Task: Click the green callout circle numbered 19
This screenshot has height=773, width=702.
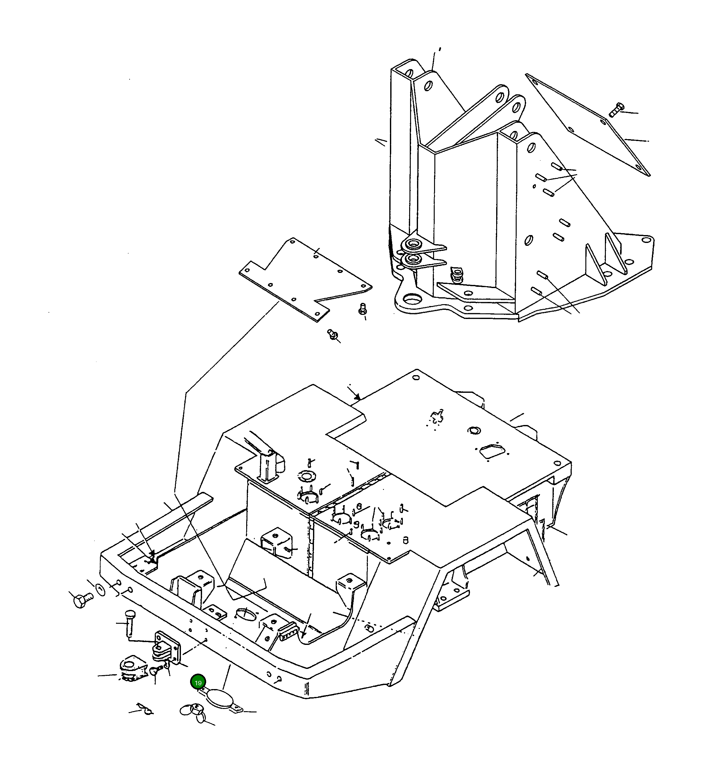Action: [198, 683]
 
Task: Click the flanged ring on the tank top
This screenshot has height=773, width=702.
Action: [306, 477]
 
